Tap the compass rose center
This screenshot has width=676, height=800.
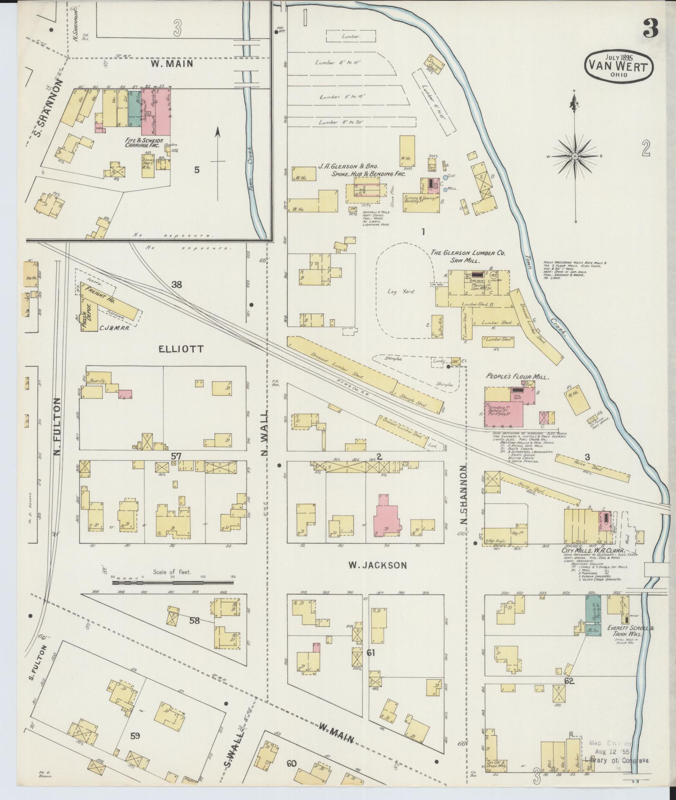click(x=575, y=156)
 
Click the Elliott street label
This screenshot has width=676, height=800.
click(x=181, y=349)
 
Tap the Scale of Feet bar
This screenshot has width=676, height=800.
click(x=172, y=582)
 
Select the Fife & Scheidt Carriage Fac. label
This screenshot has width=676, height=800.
click(x=144, y=144)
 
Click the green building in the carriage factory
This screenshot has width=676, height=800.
click(x=134, y=110)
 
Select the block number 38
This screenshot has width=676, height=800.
click(x=177, y=284)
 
